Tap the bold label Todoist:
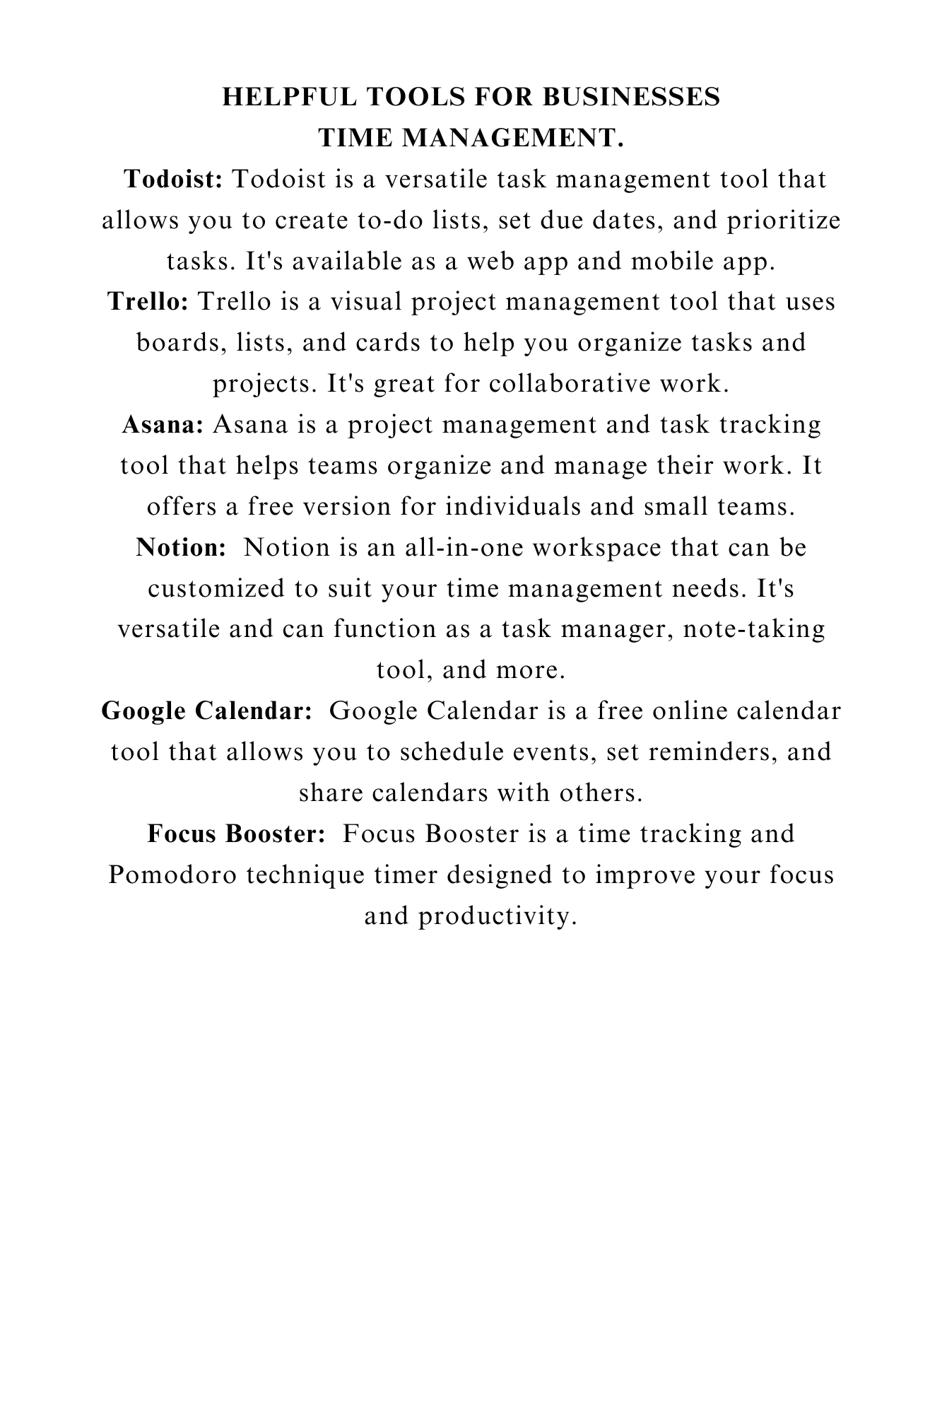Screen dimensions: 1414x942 [x=174, y=180]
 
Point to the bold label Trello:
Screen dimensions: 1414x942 [x=148, y=302]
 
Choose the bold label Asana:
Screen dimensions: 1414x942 [x=163, y=425]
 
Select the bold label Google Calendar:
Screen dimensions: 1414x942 [x=207, y=711]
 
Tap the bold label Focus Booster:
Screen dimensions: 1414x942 [x=237, y=834]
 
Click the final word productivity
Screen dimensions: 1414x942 [x=494, y=916]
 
